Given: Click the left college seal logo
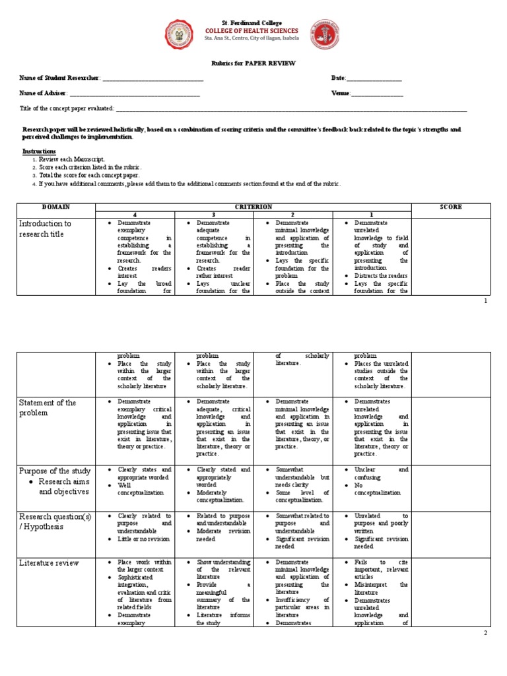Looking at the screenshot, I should tap(179, 34).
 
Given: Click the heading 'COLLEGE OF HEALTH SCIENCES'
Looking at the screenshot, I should tap(252, 31).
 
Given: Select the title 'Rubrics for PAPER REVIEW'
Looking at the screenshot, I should tap(253, 63).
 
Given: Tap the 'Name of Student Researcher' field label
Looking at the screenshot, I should tap(60, 79).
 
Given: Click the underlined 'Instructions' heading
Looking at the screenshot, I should tap(39, 151).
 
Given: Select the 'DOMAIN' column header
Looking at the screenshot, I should tap(56, 207).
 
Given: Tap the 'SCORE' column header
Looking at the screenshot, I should tap(451, 207).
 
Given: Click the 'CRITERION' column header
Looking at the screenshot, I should tap(253, 207).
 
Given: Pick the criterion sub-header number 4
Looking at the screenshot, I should tap(135, 215).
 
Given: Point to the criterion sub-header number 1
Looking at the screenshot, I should tap(372, 215).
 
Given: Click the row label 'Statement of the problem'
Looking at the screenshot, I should tap(48, 407).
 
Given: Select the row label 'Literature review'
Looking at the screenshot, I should tap(49, 563).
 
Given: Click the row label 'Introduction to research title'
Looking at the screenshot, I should tap(46, 228).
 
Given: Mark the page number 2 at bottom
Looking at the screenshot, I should tap(487, 632).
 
